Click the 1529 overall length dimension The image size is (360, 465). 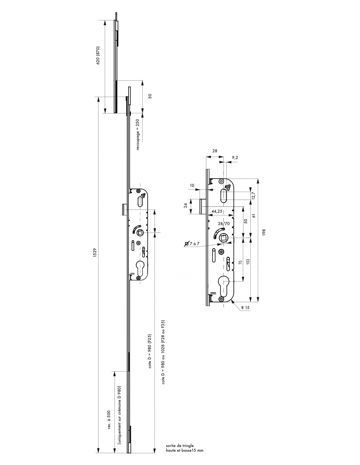coord(95,252)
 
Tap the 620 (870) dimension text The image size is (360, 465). coord(98,56)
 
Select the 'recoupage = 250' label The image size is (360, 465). coord(137,135)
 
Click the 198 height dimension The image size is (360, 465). coord(264,232)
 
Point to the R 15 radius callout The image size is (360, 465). coord(245,307)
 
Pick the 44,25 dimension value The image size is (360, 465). coord(217,211)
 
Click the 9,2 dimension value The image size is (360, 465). coord(235,158)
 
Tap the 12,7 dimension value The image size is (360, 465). coord(254,196)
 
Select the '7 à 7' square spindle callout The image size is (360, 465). coord(192,244)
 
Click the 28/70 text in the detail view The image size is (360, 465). coord(224,224)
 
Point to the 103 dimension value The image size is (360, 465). coord(248,262)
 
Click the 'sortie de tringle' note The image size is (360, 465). coord(180,445)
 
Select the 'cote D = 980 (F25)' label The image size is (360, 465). coord(150,351)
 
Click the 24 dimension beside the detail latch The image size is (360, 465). coord(186,205)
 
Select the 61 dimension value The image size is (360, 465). coord(254,215)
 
